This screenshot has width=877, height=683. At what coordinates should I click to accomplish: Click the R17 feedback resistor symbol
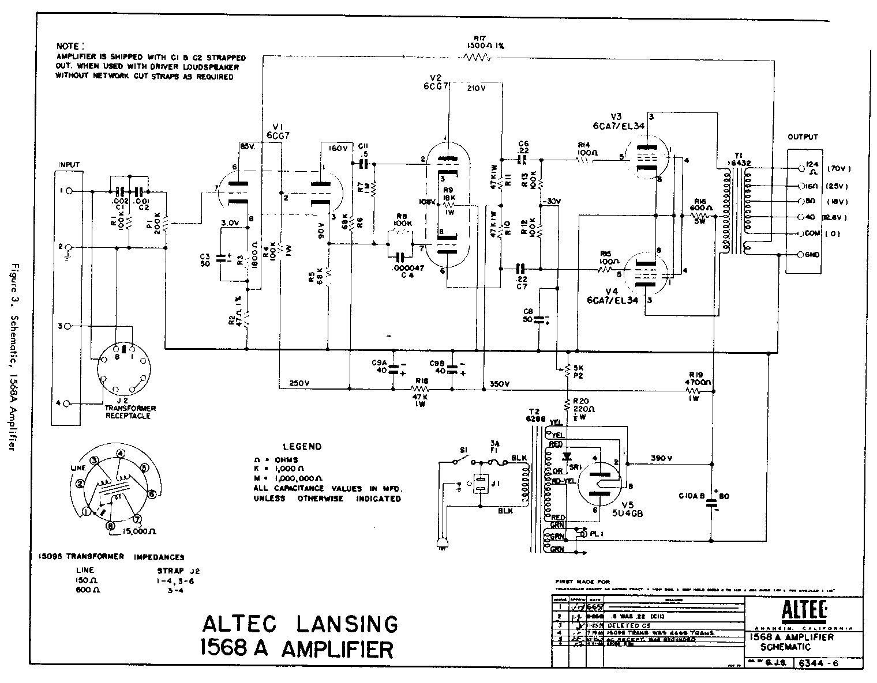pos(477,57)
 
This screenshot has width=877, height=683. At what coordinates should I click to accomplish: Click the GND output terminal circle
pos(800,254)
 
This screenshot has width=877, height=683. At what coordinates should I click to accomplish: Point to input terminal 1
pos(69,191)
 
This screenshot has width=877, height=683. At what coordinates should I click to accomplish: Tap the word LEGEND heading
pos(302,447)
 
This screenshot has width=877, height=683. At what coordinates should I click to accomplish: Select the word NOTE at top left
pos(70,46)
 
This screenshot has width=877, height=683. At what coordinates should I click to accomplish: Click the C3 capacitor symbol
pos(220,258)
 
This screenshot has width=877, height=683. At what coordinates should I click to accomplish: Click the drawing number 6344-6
pos(819,663)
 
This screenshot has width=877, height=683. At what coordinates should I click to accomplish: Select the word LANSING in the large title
pos(341,624)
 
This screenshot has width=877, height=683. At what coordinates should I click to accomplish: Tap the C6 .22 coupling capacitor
pos(523,157)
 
